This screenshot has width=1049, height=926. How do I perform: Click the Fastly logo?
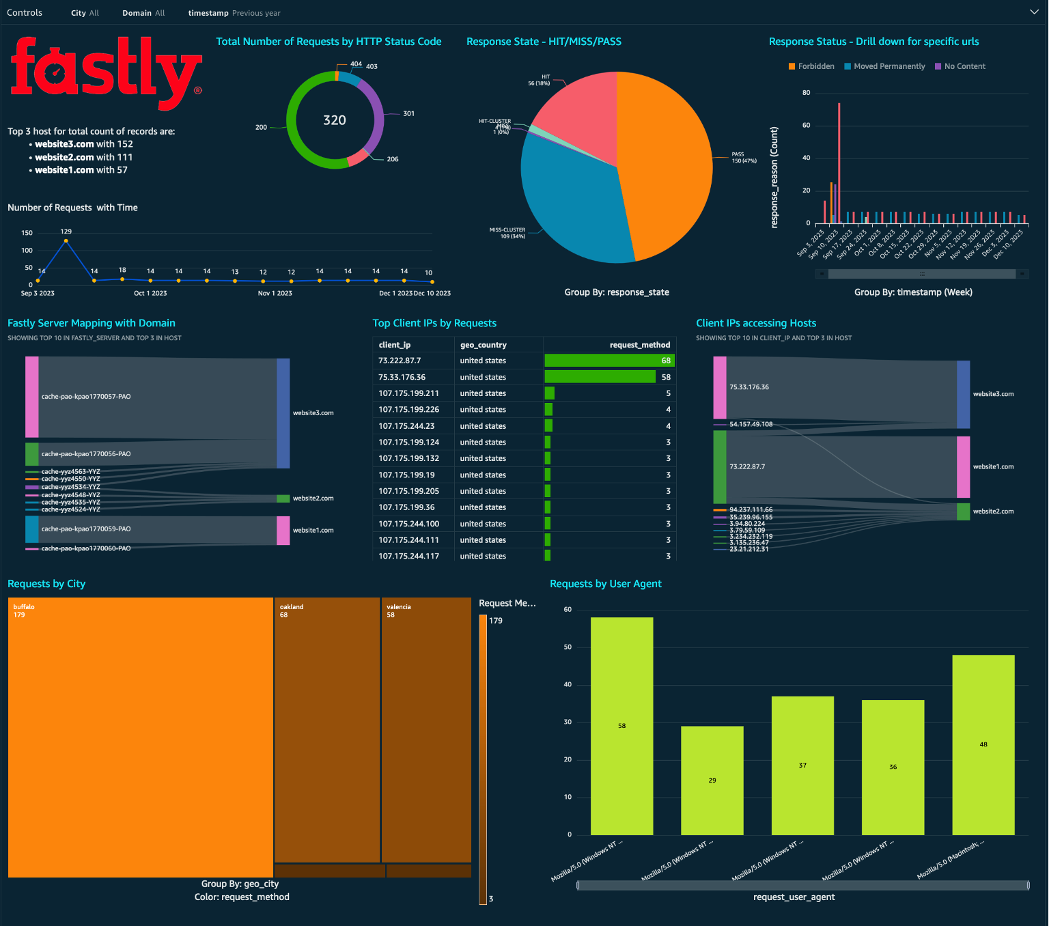pyautogui.click(x=106, y=73)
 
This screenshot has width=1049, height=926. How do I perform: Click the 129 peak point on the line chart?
pyautogui.click(x=66, y=240)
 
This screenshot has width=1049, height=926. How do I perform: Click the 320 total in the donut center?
pyautogui.click(x=335, y=120)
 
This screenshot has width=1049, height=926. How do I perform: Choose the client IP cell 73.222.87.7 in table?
pyautogui.click(x=400, y=361)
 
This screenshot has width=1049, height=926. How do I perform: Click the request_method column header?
pyautogui.click(x=639, y=345)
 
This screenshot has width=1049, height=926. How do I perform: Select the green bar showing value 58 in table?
pyautogui.click(x=600, y=377)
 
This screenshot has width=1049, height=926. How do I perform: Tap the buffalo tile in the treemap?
pyautogui.click(x=140, y=738)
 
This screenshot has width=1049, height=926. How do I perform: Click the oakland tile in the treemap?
pyautogui.click(x=326, y=731)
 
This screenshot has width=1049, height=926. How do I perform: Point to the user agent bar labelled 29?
pyautogui.click(x=712, y=780)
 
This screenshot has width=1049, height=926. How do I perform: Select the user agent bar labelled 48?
pyautogui.click(x=983, y=744)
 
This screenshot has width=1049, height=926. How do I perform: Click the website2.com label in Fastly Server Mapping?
pyautogui.click(x=313, y=499)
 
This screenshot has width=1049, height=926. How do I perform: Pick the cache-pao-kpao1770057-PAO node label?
pyautogui.click(x=86, y=397)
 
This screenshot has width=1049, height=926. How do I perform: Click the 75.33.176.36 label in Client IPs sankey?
pyautogui.click(x=749, y=387)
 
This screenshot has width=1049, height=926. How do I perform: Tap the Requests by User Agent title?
pyautogui.click(x=605, y=584)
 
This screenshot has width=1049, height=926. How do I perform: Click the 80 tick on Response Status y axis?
pyautogui.click(x=807, y=93)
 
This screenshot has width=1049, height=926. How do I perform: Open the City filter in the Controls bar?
pyautogui.click(x=85, y=13)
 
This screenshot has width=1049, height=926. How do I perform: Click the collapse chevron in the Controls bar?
pyautogui.click(x=1034, y=12)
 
